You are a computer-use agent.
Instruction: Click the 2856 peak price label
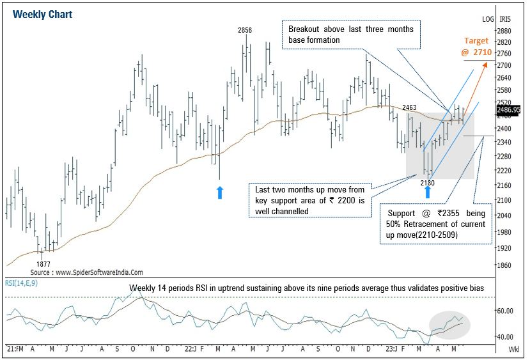[x=245, y=30]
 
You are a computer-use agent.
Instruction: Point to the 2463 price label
[x=410, y=108]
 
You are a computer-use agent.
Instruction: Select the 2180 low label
[x=428, y=183]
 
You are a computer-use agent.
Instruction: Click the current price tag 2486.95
[x=508, y=109]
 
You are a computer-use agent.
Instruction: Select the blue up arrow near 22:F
[x=219, y=192]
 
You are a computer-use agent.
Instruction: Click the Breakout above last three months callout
[x=350, y=35]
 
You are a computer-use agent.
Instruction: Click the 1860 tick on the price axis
[x=504, y=265]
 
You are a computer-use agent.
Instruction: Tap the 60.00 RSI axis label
[x=506, y=311]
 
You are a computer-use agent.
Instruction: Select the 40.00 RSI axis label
[x=506, y=337]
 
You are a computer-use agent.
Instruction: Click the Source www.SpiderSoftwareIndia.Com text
[x=86, y=272]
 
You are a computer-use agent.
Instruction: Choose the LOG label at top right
[x=488, y=19]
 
